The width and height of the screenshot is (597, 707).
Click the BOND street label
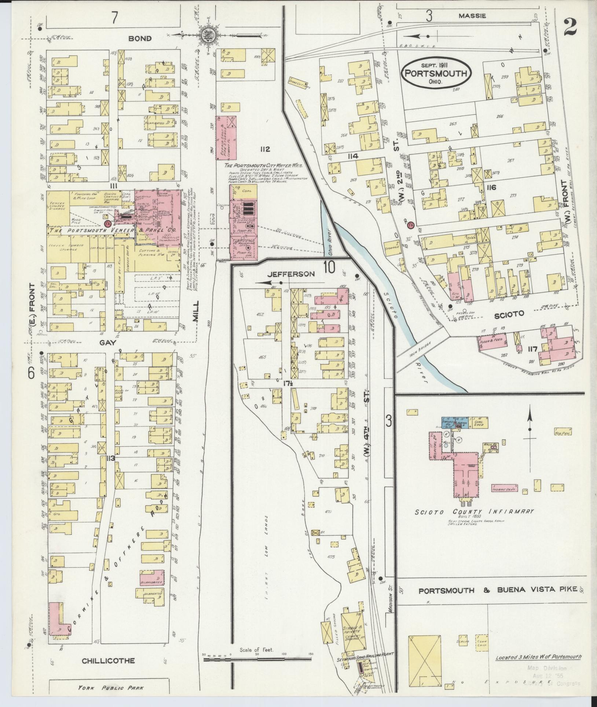[x=140, y=39]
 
